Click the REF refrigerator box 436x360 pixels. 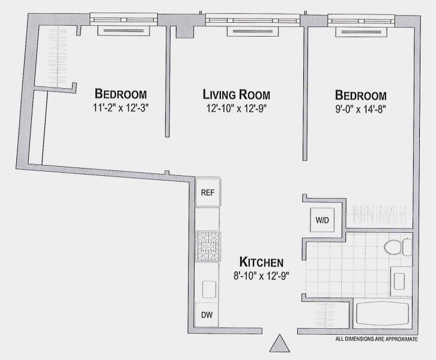(x=207, y=193)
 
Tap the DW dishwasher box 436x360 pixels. (x=206, y=314)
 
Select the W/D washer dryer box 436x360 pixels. (x=322, y=220)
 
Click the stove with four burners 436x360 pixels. (x=208, y=247)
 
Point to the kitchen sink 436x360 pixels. (x=208, y=289)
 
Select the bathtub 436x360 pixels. (x=382, y=314)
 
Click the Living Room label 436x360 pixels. (x=236, y=95)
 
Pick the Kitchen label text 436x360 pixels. (x=261, y=262)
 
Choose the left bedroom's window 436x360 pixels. (x=124, y=20)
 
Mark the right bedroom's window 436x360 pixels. (x=358, y=20)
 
